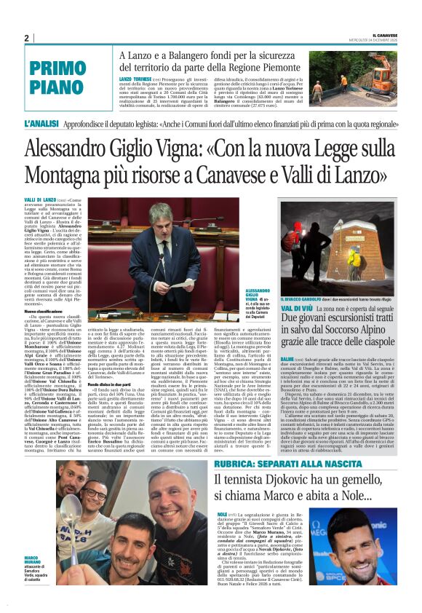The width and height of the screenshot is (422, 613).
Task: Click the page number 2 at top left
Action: pyautogui.click(x=26, y=39)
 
